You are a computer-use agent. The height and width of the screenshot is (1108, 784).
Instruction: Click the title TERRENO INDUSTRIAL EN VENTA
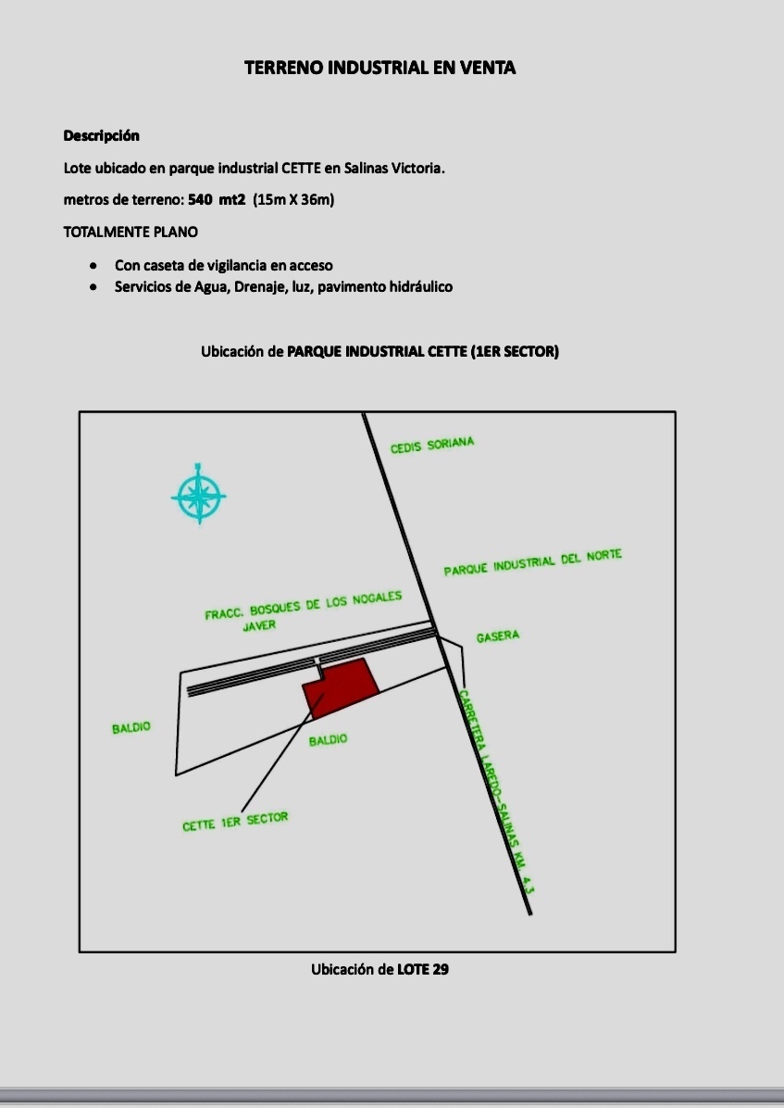pos(380,68)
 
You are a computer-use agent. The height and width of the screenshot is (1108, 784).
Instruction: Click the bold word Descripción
pos(101,135)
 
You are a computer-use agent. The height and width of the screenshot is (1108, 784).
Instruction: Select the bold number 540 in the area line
pos(201,199)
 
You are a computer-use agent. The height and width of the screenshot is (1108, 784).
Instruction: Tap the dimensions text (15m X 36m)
pos(293,199)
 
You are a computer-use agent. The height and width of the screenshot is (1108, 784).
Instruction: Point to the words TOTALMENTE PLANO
pos(130,232)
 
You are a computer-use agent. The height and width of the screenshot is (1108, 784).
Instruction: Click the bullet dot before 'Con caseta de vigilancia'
pos(93,266)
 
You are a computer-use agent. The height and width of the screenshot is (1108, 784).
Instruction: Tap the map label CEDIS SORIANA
pos(432,446)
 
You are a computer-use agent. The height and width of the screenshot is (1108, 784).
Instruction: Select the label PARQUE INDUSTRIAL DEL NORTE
pos(532,562)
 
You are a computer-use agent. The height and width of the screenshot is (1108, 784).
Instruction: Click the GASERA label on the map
pos(498,636)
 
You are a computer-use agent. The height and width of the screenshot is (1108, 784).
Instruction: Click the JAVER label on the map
pos(259,625)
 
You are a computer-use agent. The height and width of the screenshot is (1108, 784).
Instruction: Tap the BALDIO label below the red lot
pos(329,740)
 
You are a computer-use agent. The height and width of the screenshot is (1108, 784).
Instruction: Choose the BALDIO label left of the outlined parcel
pos(131,728)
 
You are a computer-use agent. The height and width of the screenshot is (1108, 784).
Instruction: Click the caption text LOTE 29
pos(423,970)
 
